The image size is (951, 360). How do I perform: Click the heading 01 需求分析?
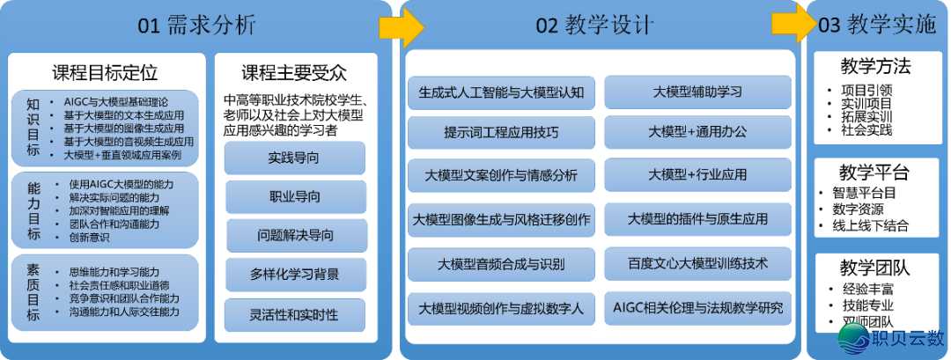(x=197, y=26)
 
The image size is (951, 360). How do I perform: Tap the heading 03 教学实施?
(x=877, y=26)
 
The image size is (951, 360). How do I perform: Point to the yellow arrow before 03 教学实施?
(x=791, y=26)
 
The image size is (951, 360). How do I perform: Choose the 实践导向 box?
(x=294, y=158)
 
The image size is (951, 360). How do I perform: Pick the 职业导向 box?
(x=294, y=196)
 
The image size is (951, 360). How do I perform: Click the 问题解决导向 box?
(x=294, y=235)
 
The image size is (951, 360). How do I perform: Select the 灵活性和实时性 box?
(x=294, y=314)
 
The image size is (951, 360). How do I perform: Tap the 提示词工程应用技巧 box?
(x=501, y=133)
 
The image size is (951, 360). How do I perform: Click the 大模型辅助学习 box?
(x=697, y=92)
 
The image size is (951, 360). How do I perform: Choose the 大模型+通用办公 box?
(x=697, y=133)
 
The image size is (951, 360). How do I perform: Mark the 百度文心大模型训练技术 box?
(x=697, y=263)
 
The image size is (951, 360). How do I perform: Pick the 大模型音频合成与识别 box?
(x=501, y=263)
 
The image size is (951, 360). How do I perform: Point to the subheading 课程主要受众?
(x=293, y=73)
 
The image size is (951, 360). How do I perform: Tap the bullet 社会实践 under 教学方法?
(x=867, y=130)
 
